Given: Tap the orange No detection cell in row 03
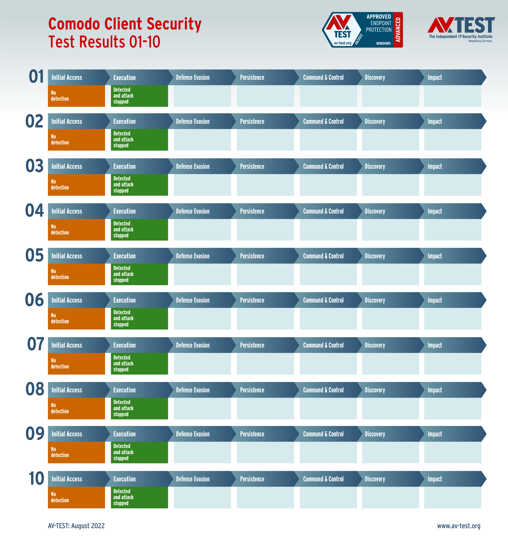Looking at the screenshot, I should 76,185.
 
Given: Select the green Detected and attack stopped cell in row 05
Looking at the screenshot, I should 139,274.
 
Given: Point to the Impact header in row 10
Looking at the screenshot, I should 435,479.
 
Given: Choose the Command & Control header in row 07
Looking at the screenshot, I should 323,345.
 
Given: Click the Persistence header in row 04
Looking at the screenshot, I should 252,211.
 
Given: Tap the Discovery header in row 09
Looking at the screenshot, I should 374,434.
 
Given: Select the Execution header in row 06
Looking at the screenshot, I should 124,300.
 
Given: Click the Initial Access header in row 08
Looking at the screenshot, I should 67,390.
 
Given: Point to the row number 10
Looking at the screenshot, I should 36,478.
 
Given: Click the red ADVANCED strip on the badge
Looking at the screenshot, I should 398,30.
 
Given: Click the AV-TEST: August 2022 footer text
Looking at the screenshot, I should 76,526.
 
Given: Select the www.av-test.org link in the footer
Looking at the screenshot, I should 458,526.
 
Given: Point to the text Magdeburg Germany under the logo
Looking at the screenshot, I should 480,41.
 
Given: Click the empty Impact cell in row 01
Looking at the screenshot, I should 453,96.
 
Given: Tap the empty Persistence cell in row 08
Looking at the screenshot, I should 265,408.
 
